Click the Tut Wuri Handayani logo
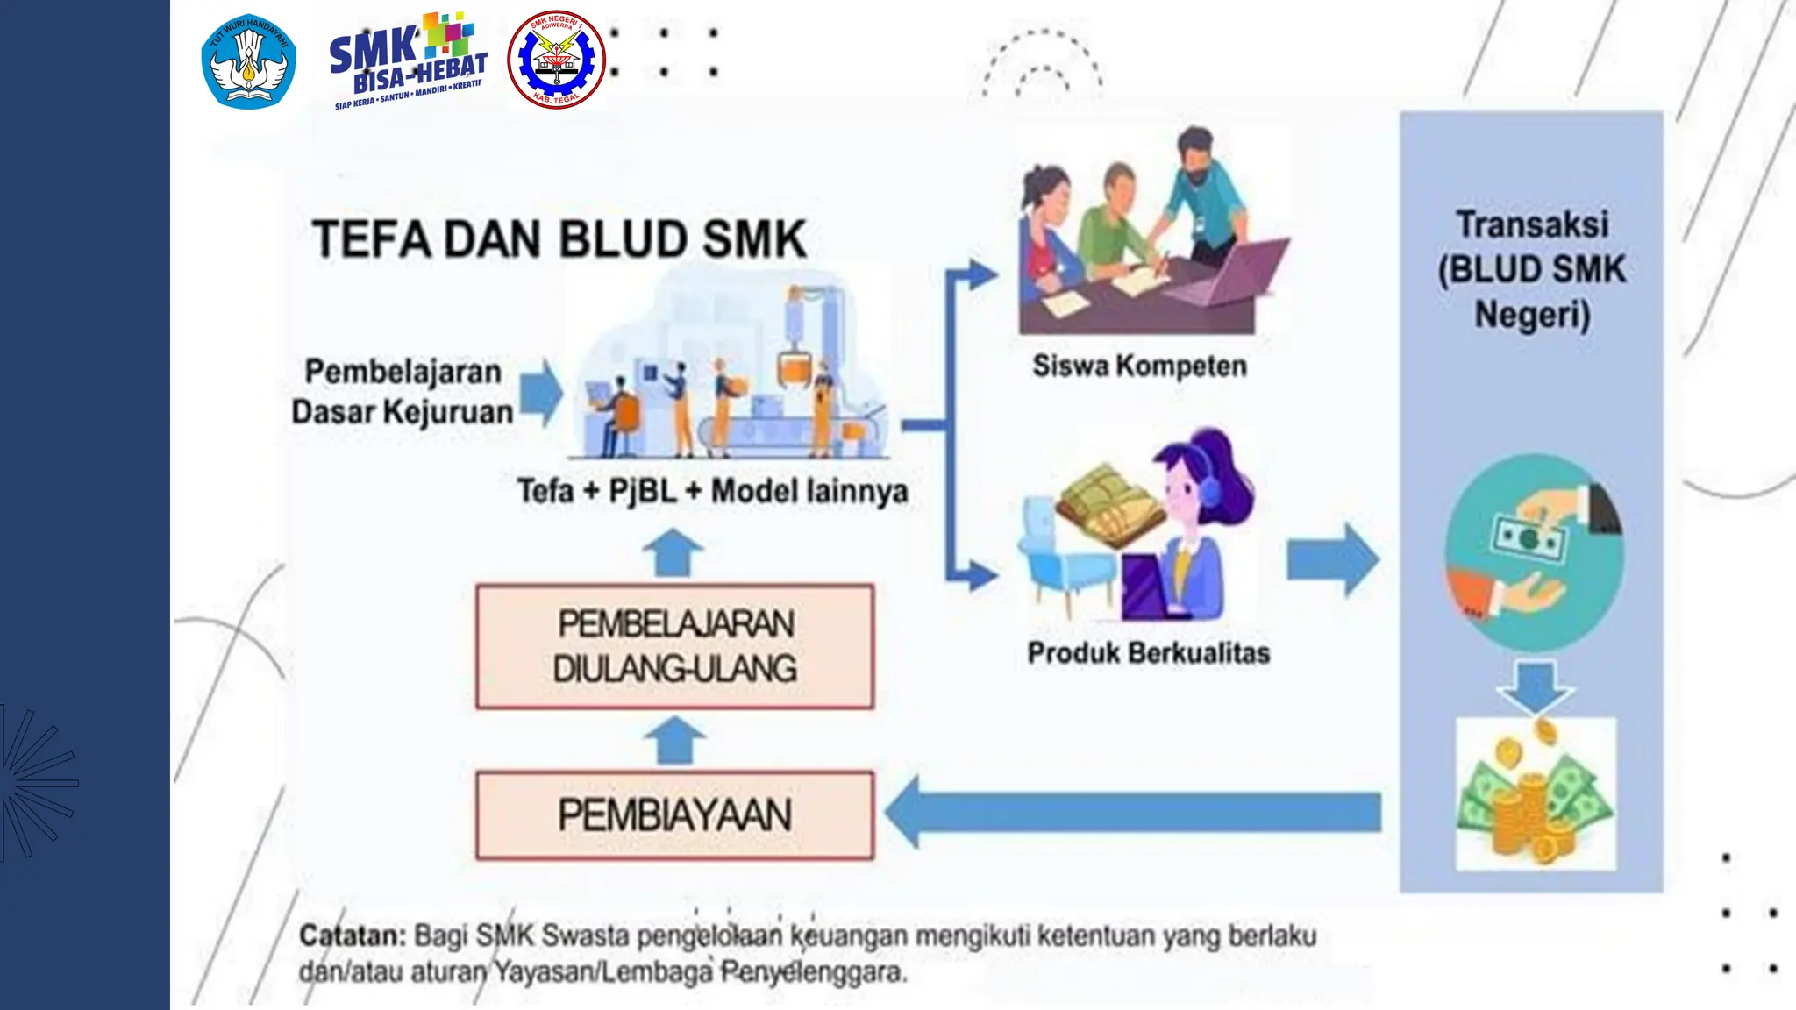click(x=248, y=61)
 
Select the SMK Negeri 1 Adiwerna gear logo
click(x=556, y=60)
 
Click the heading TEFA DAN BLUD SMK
click(x=559, y=239)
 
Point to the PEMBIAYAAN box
click(x=674, y=815)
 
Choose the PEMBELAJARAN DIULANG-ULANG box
click(x=674, y=646)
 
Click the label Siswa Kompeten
click(x=1139, y=366)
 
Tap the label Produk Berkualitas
click(x=1148, y=653)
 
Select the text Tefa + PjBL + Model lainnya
click(x=712, y=491)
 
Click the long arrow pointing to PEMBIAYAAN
click(x=1131, y=812)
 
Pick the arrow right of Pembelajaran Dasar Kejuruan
click(x=541, y=392)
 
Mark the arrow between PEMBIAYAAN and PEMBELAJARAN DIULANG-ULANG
click(x=674, y=740)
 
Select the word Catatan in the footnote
click(x=352, y=935)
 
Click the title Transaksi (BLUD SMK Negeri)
click(x=1531, y=269)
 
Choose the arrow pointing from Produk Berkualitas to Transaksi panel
click(x=1331, y=560)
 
